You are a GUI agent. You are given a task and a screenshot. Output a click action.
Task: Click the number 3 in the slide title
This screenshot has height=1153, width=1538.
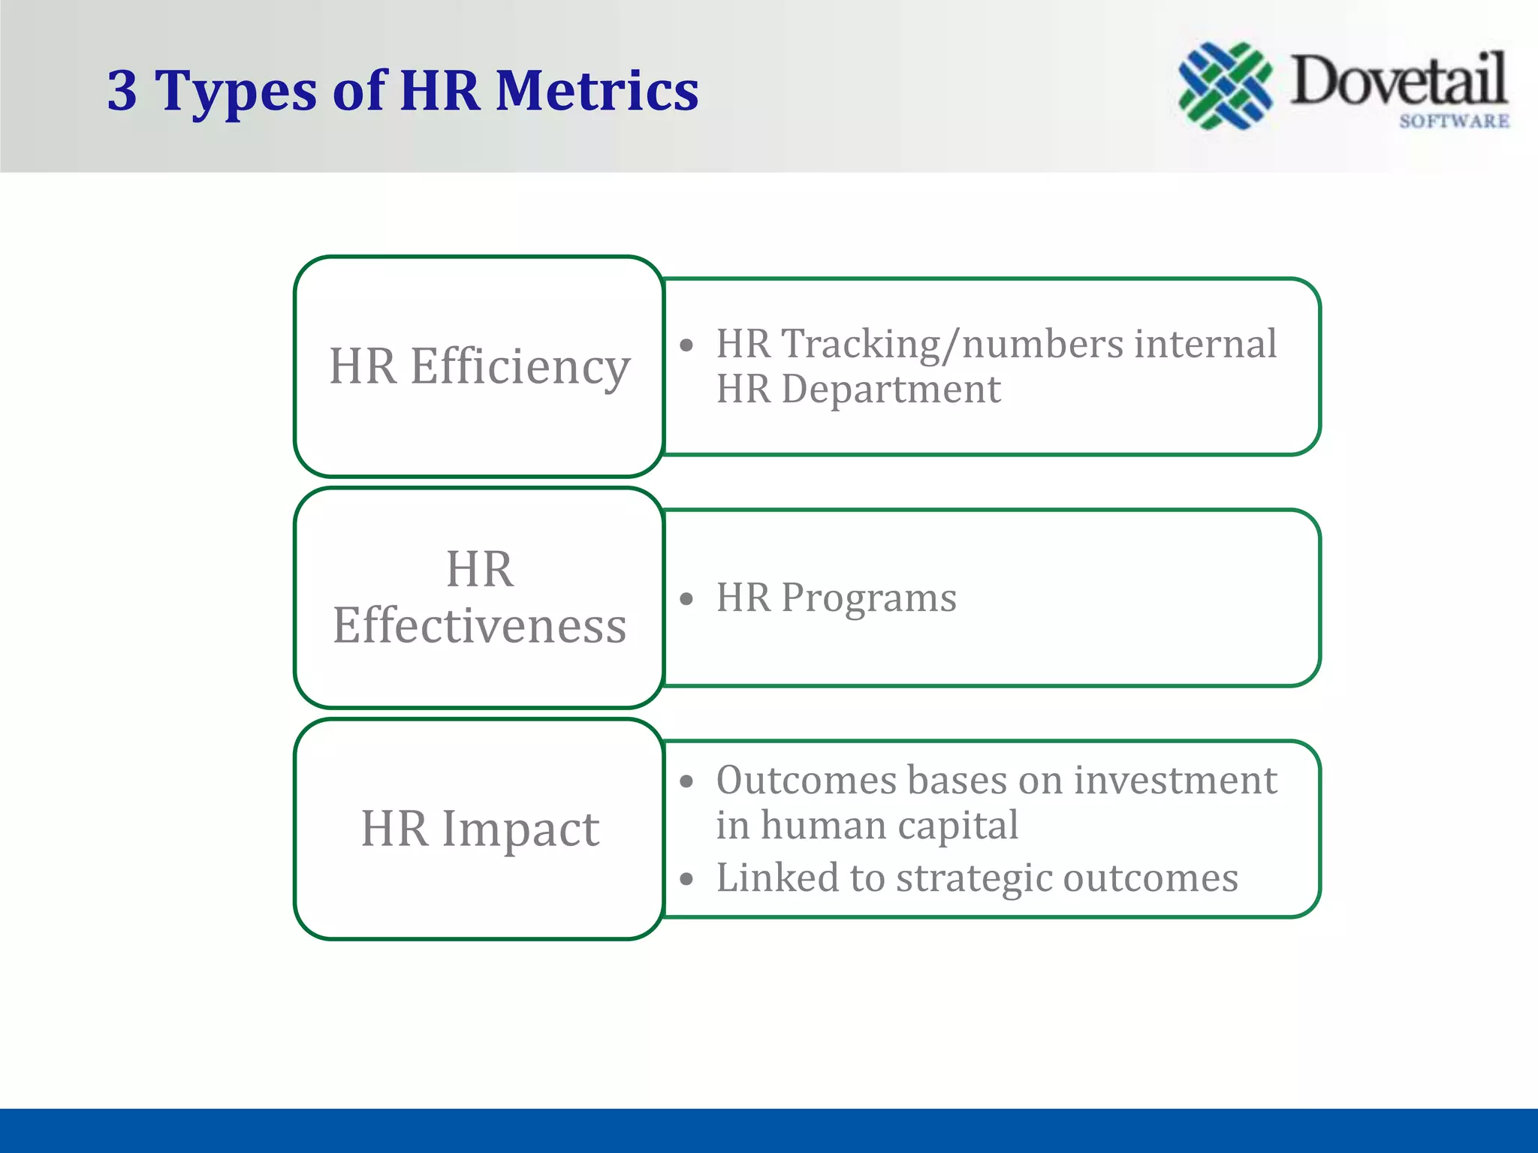[x=122, y=91]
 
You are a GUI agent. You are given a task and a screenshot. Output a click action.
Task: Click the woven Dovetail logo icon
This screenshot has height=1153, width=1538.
[x=1225, y=85]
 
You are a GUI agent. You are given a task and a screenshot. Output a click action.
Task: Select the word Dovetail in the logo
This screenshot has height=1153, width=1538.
[x=1398, y=80]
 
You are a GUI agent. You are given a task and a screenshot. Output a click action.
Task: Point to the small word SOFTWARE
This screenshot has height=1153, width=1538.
[x=1454, y=122]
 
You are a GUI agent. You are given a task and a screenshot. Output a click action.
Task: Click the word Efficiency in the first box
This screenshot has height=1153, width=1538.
[x=520, y=367]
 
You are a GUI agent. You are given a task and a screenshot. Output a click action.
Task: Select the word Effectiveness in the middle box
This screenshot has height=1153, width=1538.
[x=479, y=625]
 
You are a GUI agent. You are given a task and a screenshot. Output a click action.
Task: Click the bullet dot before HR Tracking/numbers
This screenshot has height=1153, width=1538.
[x=686, y=346]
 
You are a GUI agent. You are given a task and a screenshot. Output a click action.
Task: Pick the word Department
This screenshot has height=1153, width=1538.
[x=891, y=390]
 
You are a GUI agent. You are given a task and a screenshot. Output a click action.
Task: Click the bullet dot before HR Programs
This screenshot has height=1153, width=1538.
[x=686, y=599]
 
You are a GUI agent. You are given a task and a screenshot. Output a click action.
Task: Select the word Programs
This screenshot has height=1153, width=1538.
[x=868, y=598]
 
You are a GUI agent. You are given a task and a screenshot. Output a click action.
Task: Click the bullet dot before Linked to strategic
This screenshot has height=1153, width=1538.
[x=686, y=879]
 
